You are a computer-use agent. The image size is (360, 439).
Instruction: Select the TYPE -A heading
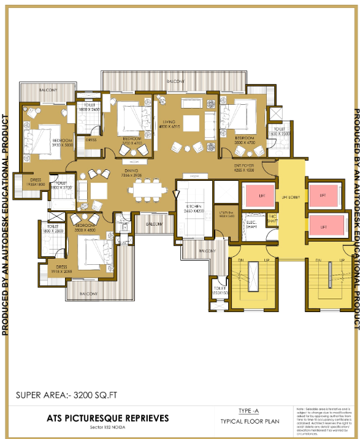point(251,411)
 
